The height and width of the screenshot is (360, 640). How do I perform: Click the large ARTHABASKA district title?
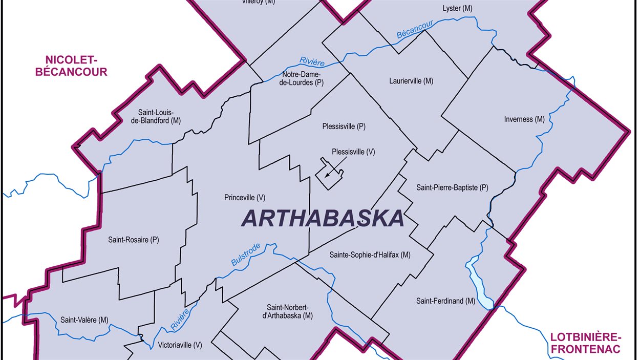coord(323,219)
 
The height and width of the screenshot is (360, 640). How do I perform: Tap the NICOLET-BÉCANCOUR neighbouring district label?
coord(71,66)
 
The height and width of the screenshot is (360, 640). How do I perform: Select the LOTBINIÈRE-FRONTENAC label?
coord(585,343)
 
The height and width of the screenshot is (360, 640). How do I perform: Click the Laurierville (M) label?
coord(411,81)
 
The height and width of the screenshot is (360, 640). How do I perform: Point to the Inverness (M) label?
coord(524,119)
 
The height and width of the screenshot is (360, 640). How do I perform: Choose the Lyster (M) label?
coord(457,8)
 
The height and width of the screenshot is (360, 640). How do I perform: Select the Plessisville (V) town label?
coord(353,152)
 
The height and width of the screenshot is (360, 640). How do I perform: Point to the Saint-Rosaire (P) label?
coord(134,239)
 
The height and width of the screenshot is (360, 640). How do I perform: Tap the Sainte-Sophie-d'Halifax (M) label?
coord(370,255)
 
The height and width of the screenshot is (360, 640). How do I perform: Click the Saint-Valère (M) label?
coord(84,320)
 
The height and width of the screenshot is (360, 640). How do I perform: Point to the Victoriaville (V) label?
coord(180,345)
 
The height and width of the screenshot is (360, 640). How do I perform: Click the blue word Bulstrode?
coord(246,254)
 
